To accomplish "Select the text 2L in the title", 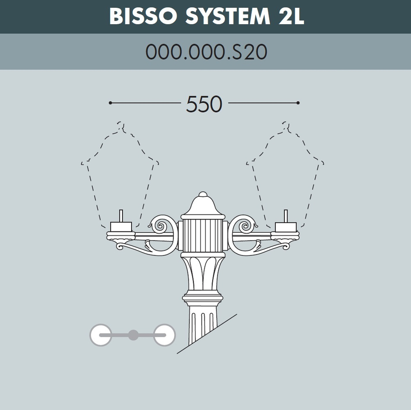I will pos(289,16).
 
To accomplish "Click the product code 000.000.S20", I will pos(206,52).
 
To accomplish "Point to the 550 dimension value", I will pos(204,104).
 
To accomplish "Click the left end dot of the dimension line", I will pos(110,103).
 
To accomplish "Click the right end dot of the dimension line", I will pos(298,103).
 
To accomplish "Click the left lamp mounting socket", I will pos(121,227).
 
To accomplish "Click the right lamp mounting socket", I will pos(286,227).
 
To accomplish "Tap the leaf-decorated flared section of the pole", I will pos(203,273).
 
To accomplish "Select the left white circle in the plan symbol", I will pos(101,335).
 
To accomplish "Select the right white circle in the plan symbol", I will pos(164,335).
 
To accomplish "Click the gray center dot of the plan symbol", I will pos(133,335).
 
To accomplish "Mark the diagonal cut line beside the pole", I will pos(208,334).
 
